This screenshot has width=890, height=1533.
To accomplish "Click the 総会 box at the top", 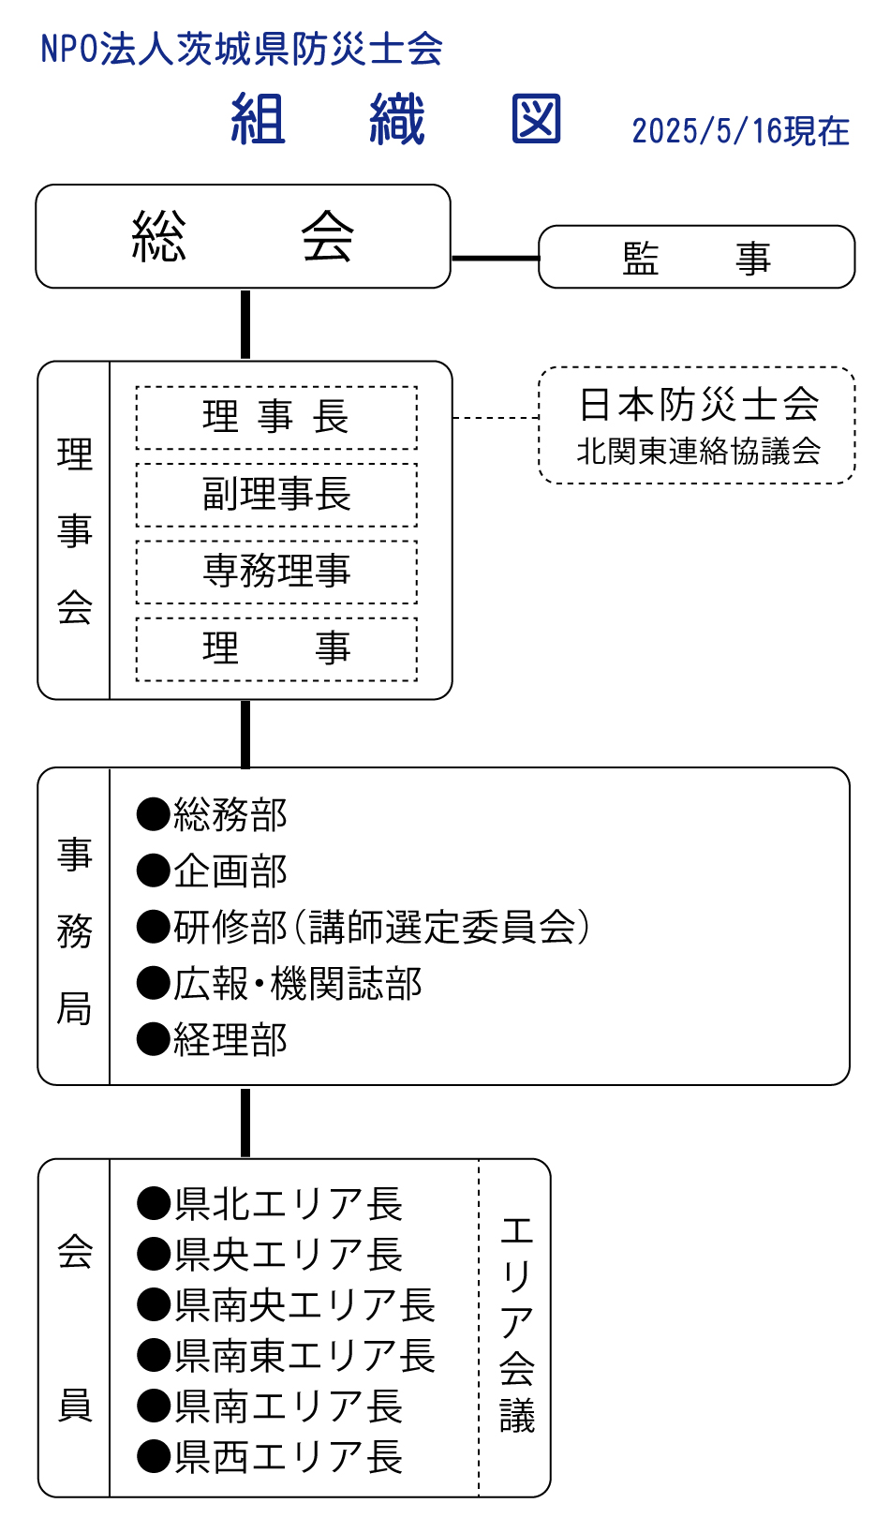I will click(x=243, y=236).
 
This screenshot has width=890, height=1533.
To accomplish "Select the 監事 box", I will click(x=696, y=257).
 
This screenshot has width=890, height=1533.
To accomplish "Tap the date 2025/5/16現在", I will click(x=740, y=131).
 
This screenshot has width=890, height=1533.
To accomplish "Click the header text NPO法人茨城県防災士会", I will click(x=242, y=49).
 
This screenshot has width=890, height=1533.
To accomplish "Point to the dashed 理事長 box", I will click(x=276, y=417).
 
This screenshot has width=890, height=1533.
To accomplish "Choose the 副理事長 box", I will click(x=276, y=494).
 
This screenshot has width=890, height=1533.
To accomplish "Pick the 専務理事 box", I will click(x=276, y=571).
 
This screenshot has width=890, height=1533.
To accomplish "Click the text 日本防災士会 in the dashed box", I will click(x=699, y=405).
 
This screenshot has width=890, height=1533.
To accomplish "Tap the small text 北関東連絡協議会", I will click(x=699, y=452).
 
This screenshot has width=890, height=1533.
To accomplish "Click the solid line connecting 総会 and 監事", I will click(x=495, y=258).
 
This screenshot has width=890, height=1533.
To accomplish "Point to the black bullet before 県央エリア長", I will click(x=153, y=1255).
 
